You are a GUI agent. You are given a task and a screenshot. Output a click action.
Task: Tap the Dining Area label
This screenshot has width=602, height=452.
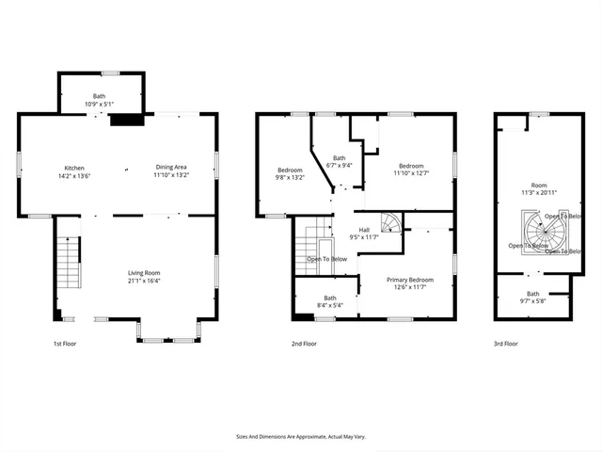(170, 168)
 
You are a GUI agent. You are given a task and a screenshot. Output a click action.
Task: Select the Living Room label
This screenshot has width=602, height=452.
(144, 273)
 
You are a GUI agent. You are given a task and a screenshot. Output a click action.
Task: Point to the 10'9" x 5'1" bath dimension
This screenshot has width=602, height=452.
(99, 103)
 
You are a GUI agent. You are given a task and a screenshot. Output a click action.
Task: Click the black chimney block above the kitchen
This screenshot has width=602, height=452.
(124, 120)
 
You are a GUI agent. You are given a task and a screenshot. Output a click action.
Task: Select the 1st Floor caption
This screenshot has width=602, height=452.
(64, 344)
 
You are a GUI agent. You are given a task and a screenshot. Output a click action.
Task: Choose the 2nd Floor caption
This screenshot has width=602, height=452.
(304, 344)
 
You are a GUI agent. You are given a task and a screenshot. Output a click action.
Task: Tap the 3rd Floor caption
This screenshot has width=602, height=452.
(505, 344)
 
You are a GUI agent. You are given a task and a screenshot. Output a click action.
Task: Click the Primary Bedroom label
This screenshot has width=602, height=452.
(409, 280)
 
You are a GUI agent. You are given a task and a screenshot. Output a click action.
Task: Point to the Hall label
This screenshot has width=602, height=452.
(363, 230)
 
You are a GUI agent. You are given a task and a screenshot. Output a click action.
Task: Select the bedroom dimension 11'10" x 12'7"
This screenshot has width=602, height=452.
(410, 173)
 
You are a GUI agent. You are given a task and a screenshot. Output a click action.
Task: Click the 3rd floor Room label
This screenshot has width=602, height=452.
(538, 186)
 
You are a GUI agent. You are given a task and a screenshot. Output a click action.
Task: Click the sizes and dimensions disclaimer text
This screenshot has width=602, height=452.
(300, 436)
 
